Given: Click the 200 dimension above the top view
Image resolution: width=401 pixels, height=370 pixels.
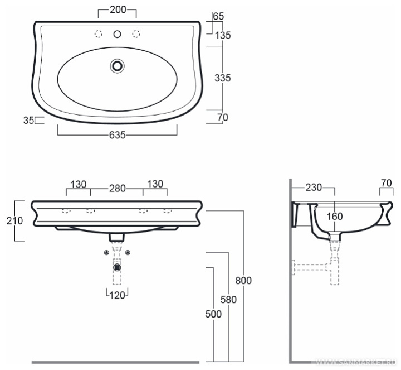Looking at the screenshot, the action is point(118,9).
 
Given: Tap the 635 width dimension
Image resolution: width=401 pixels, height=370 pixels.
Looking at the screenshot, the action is point(118,135).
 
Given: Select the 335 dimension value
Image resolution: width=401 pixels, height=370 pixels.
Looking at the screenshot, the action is point(222,78).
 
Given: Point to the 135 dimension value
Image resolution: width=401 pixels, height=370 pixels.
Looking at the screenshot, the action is point(223,35).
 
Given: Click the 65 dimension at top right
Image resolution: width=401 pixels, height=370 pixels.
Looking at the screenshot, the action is point(218,16).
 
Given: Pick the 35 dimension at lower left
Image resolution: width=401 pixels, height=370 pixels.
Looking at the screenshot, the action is point(28,120).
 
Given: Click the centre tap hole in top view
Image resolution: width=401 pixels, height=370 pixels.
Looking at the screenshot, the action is point(117,34).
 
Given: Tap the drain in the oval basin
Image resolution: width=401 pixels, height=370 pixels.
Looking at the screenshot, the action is point(118,66).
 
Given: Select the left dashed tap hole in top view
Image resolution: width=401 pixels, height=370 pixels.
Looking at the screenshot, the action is point(99,34).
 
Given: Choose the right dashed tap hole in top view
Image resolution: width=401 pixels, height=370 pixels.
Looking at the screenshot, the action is point(136,34).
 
